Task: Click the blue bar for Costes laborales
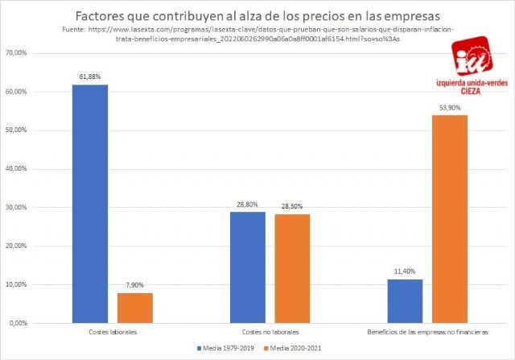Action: [90, 204]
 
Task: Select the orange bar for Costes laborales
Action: [134, 308]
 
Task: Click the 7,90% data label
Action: [134, 284]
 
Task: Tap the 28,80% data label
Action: [247, 205]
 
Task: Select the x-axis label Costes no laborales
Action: [270, 332]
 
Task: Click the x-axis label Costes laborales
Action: [112, 332]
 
